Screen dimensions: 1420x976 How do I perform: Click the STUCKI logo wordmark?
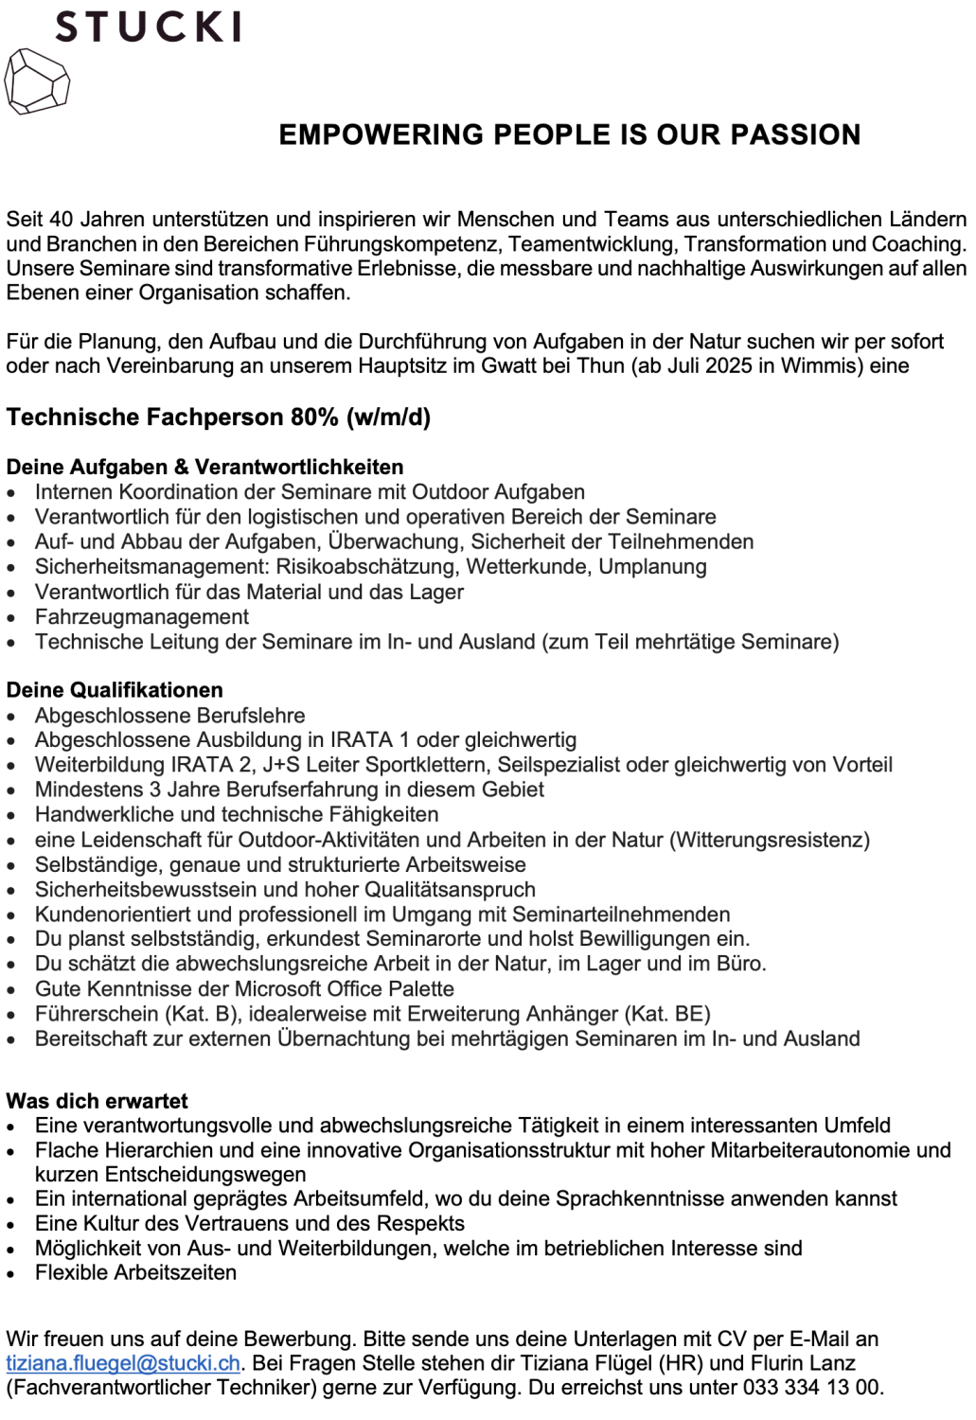148,27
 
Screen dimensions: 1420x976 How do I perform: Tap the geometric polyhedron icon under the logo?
37,82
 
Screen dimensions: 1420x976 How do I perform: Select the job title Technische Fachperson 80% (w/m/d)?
219,417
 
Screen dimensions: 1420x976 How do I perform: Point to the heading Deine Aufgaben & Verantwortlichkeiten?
204,467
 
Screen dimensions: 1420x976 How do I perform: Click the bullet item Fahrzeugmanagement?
142,617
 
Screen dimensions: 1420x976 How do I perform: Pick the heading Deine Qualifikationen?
115,690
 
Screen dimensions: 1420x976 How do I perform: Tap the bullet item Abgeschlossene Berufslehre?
170,716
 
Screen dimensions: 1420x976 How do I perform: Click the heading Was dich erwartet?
97,1101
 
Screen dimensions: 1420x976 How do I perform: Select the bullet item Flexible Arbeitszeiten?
135,1272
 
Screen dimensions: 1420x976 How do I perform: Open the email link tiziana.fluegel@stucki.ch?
123,1363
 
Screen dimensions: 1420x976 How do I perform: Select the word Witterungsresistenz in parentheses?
770,840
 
